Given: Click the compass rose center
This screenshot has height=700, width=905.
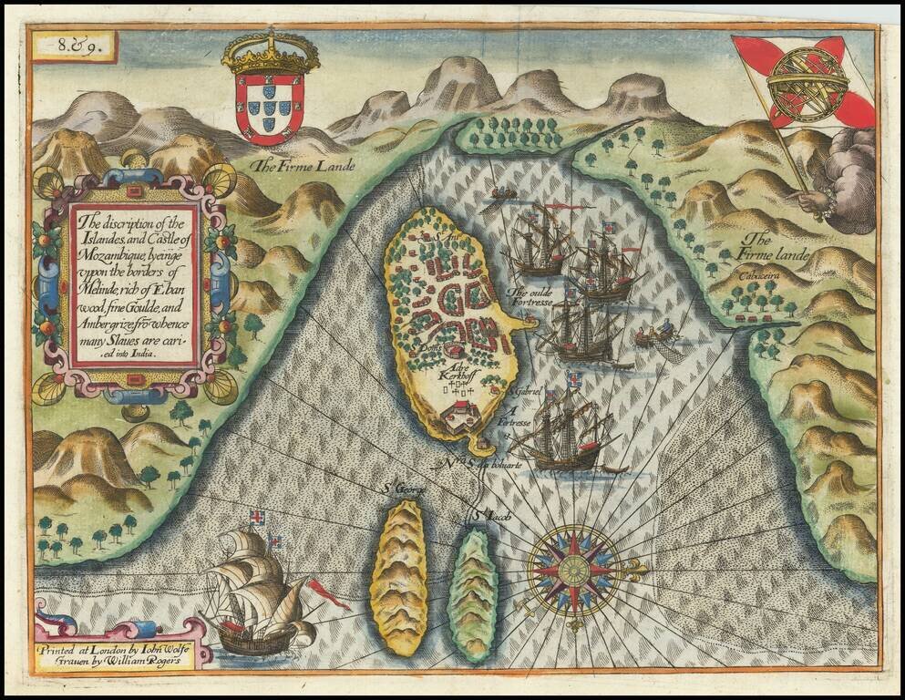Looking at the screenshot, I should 574,571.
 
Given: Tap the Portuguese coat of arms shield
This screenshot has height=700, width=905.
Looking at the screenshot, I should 270,108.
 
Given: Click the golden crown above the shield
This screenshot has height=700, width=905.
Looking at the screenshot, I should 271,54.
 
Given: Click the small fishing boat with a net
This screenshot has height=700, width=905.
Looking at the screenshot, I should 660,336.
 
